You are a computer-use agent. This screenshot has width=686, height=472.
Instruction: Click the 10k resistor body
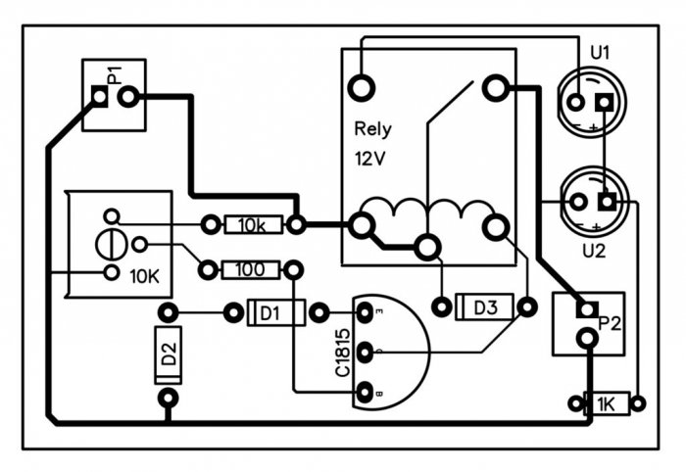pos(252,225)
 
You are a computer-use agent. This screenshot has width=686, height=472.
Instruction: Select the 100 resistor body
pos(252,268)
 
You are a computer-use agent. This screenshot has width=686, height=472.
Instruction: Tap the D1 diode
pos(270,313)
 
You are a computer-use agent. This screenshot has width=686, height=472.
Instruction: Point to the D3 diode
pos(485,307)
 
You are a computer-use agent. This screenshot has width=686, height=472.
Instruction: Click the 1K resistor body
pos(607,403)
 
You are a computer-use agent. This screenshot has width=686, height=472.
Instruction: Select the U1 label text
pos(599,53)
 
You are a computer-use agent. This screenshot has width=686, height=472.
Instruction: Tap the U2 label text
pos(593,251)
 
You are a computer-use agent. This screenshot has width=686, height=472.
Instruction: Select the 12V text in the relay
pos(369,157)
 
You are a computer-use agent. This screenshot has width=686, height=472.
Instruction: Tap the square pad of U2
pos(607,203)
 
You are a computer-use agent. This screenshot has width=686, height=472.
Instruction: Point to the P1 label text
pos(115,74)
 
